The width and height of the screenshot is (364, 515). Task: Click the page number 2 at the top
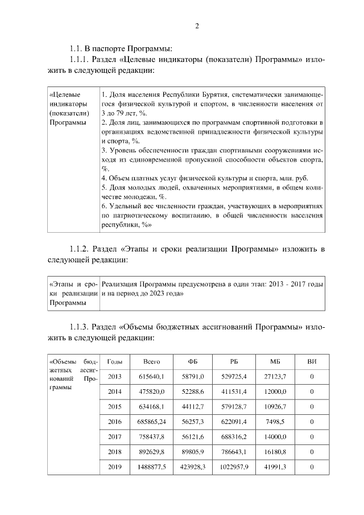[x=197, y=26]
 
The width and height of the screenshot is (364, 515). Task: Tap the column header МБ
[x=275, y=362]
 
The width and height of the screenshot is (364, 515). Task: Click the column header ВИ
[x=311, y=362]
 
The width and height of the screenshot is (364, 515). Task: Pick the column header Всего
[x=151, y=362]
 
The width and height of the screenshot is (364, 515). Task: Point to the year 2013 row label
[x=115, y=376]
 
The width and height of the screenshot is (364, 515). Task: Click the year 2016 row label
[x=115, y=421]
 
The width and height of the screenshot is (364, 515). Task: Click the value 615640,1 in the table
[x=151, y=376]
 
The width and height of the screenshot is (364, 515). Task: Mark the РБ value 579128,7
[x=234, y=406]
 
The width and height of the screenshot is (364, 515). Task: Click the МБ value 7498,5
[x=275, y=421]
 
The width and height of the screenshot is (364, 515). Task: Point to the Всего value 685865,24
[x=151, y=421]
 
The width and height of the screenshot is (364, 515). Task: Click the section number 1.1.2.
[x=79, y=249]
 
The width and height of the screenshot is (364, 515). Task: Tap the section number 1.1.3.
[x=79, y=328]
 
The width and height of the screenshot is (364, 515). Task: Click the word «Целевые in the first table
[x=65, y=94]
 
